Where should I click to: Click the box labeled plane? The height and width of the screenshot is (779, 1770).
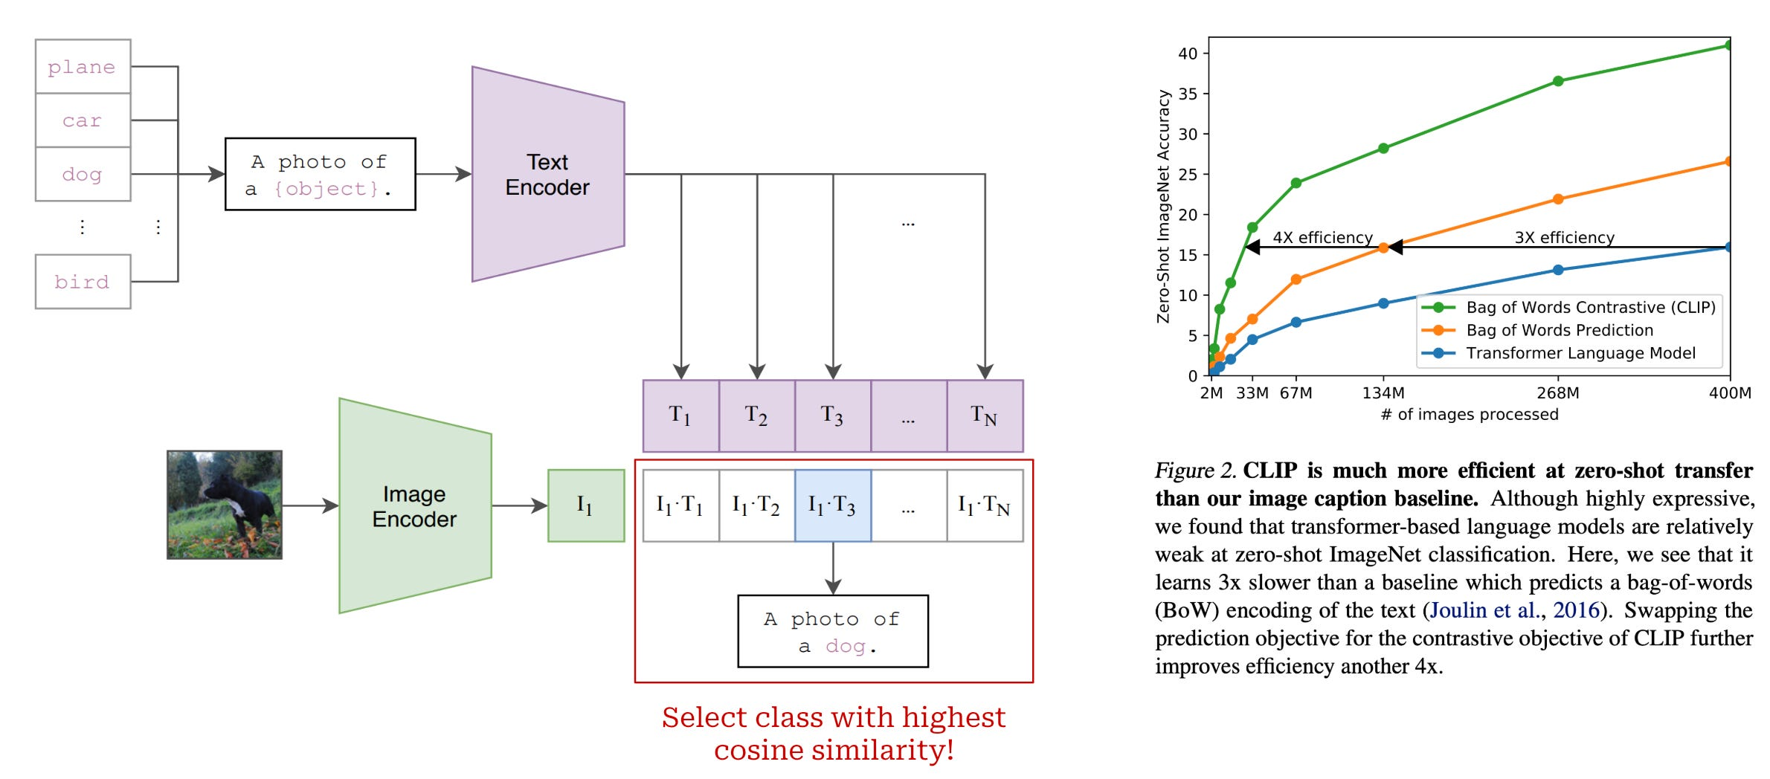[x=83, y=67]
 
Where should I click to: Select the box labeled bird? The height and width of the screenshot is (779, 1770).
[x=83, y=282]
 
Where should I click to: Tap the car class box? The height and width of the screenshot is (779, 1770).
[x=83, y=120]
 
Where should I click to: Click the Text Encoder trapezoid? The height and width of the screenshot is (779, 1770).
[x=547, y=175]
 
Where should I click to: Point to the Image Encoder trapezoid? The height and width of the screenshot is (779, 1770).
[x=414, y=506]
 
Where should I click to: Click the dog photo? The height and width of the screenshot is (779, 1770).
[x=225, y=505]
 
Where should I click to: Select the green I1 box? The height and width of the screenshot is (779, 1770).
[x=585, y=505]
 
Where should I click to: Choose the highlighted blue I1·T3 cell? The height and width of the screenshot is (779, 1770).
[x=832, y=505]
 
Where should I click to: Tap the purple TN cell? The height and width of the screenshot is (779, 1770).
[x=984, y=416]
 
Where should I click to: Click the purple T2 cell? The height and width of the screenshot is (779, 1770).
[x=756, y=416]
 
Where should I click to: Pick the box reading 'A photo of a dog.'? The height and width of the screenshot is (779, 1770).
[x=832, y=631]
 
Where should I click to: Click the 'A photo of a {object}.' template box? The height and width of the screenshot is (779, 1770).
[x=320, y=175]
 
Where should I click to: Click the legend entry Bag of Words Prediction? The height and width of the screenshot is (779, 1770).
[x=1559, y=330]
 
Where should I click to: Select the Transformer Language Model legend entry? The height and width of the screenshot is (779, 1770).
[x=1580, y=353]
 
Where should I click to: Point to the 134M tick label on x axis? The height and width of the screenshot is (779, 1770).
[x=1383, y=393]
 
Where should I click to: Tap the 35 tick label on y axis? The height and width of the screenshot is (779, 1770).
[x=1188, y=94]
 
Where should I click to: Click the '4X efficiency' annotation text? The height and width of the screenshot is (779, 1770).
[x=1322, y=237]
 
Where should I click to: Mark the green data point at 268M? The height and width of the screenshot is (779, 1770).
[x=1558, y=81]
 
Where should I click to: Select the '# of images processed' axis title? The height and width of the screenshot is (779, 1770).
[x=1469, y=415]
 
